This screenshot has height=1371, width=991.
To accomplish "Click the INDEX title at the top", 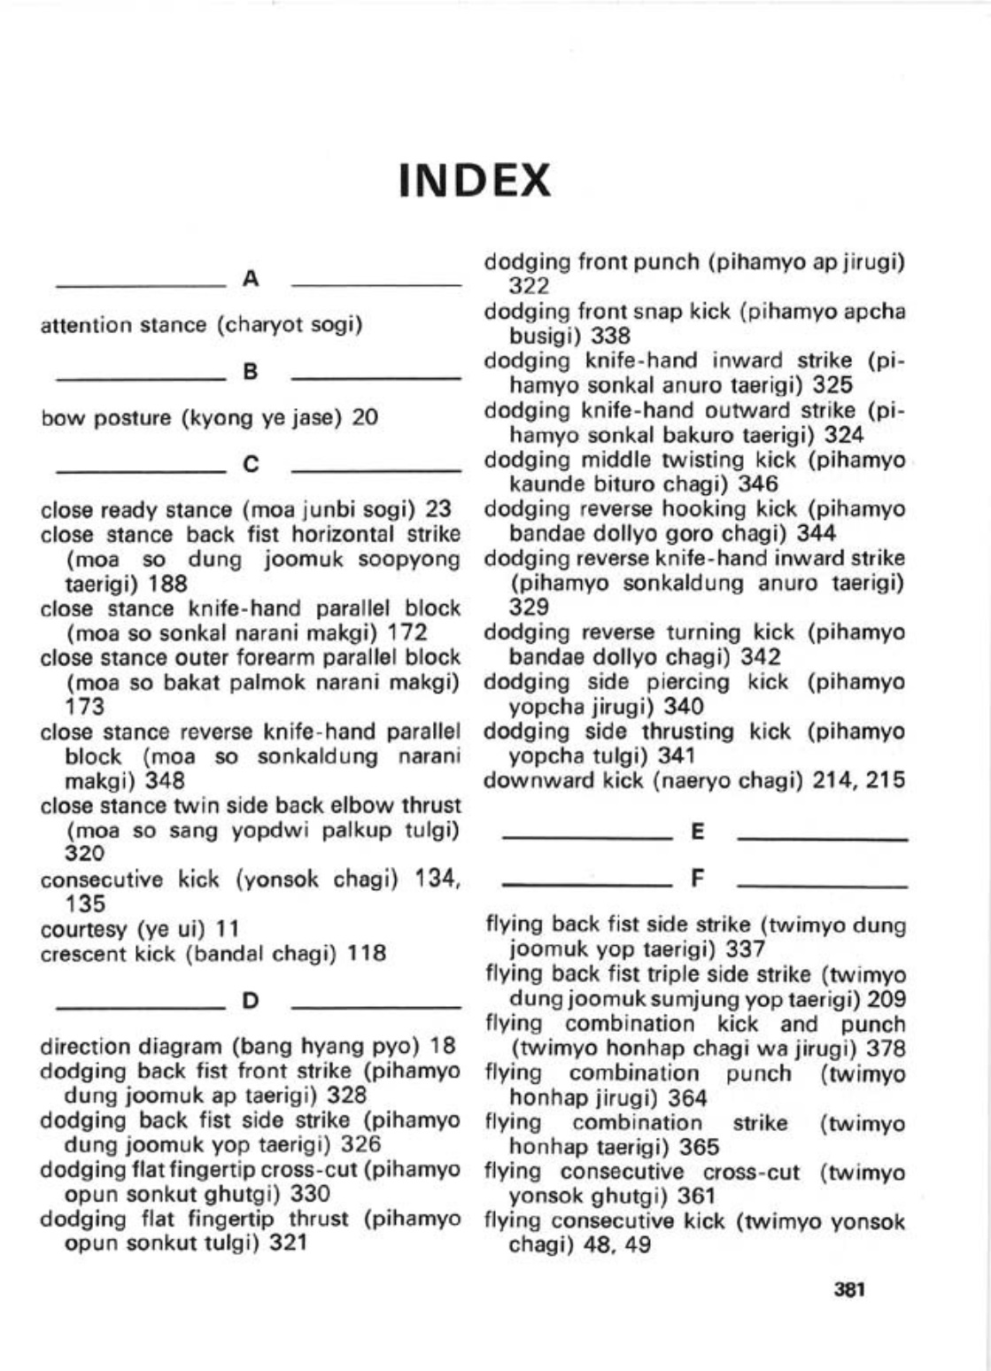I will point(475,181).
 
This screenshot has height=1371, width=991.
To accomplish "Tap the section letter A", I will point(251,280).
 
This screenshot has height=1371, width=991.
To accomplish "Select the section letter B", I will point(251,373).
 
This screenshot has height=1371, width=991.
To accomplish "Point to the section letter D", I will point(251,1002).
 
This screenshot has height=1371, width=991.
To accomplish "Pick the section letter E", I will point(697,832).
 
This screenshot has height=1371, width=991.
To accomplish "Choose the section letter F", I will point(697,879).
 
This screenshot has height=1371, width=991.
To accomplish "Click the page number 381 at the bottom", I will point(848,1290).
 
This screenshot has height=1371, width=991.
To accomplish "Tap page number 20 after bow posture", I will point(365,417).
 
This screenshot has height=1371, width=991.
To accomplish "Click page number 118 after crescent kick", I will point(367,954).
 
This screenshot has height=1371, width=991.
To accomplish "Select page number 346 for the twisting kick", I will point(759,484).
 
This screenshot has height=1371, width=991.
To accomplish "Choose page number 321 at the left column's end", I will point(288,1243).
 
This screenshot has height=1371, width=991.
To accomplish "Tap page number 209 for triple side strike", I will point(886,999).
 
